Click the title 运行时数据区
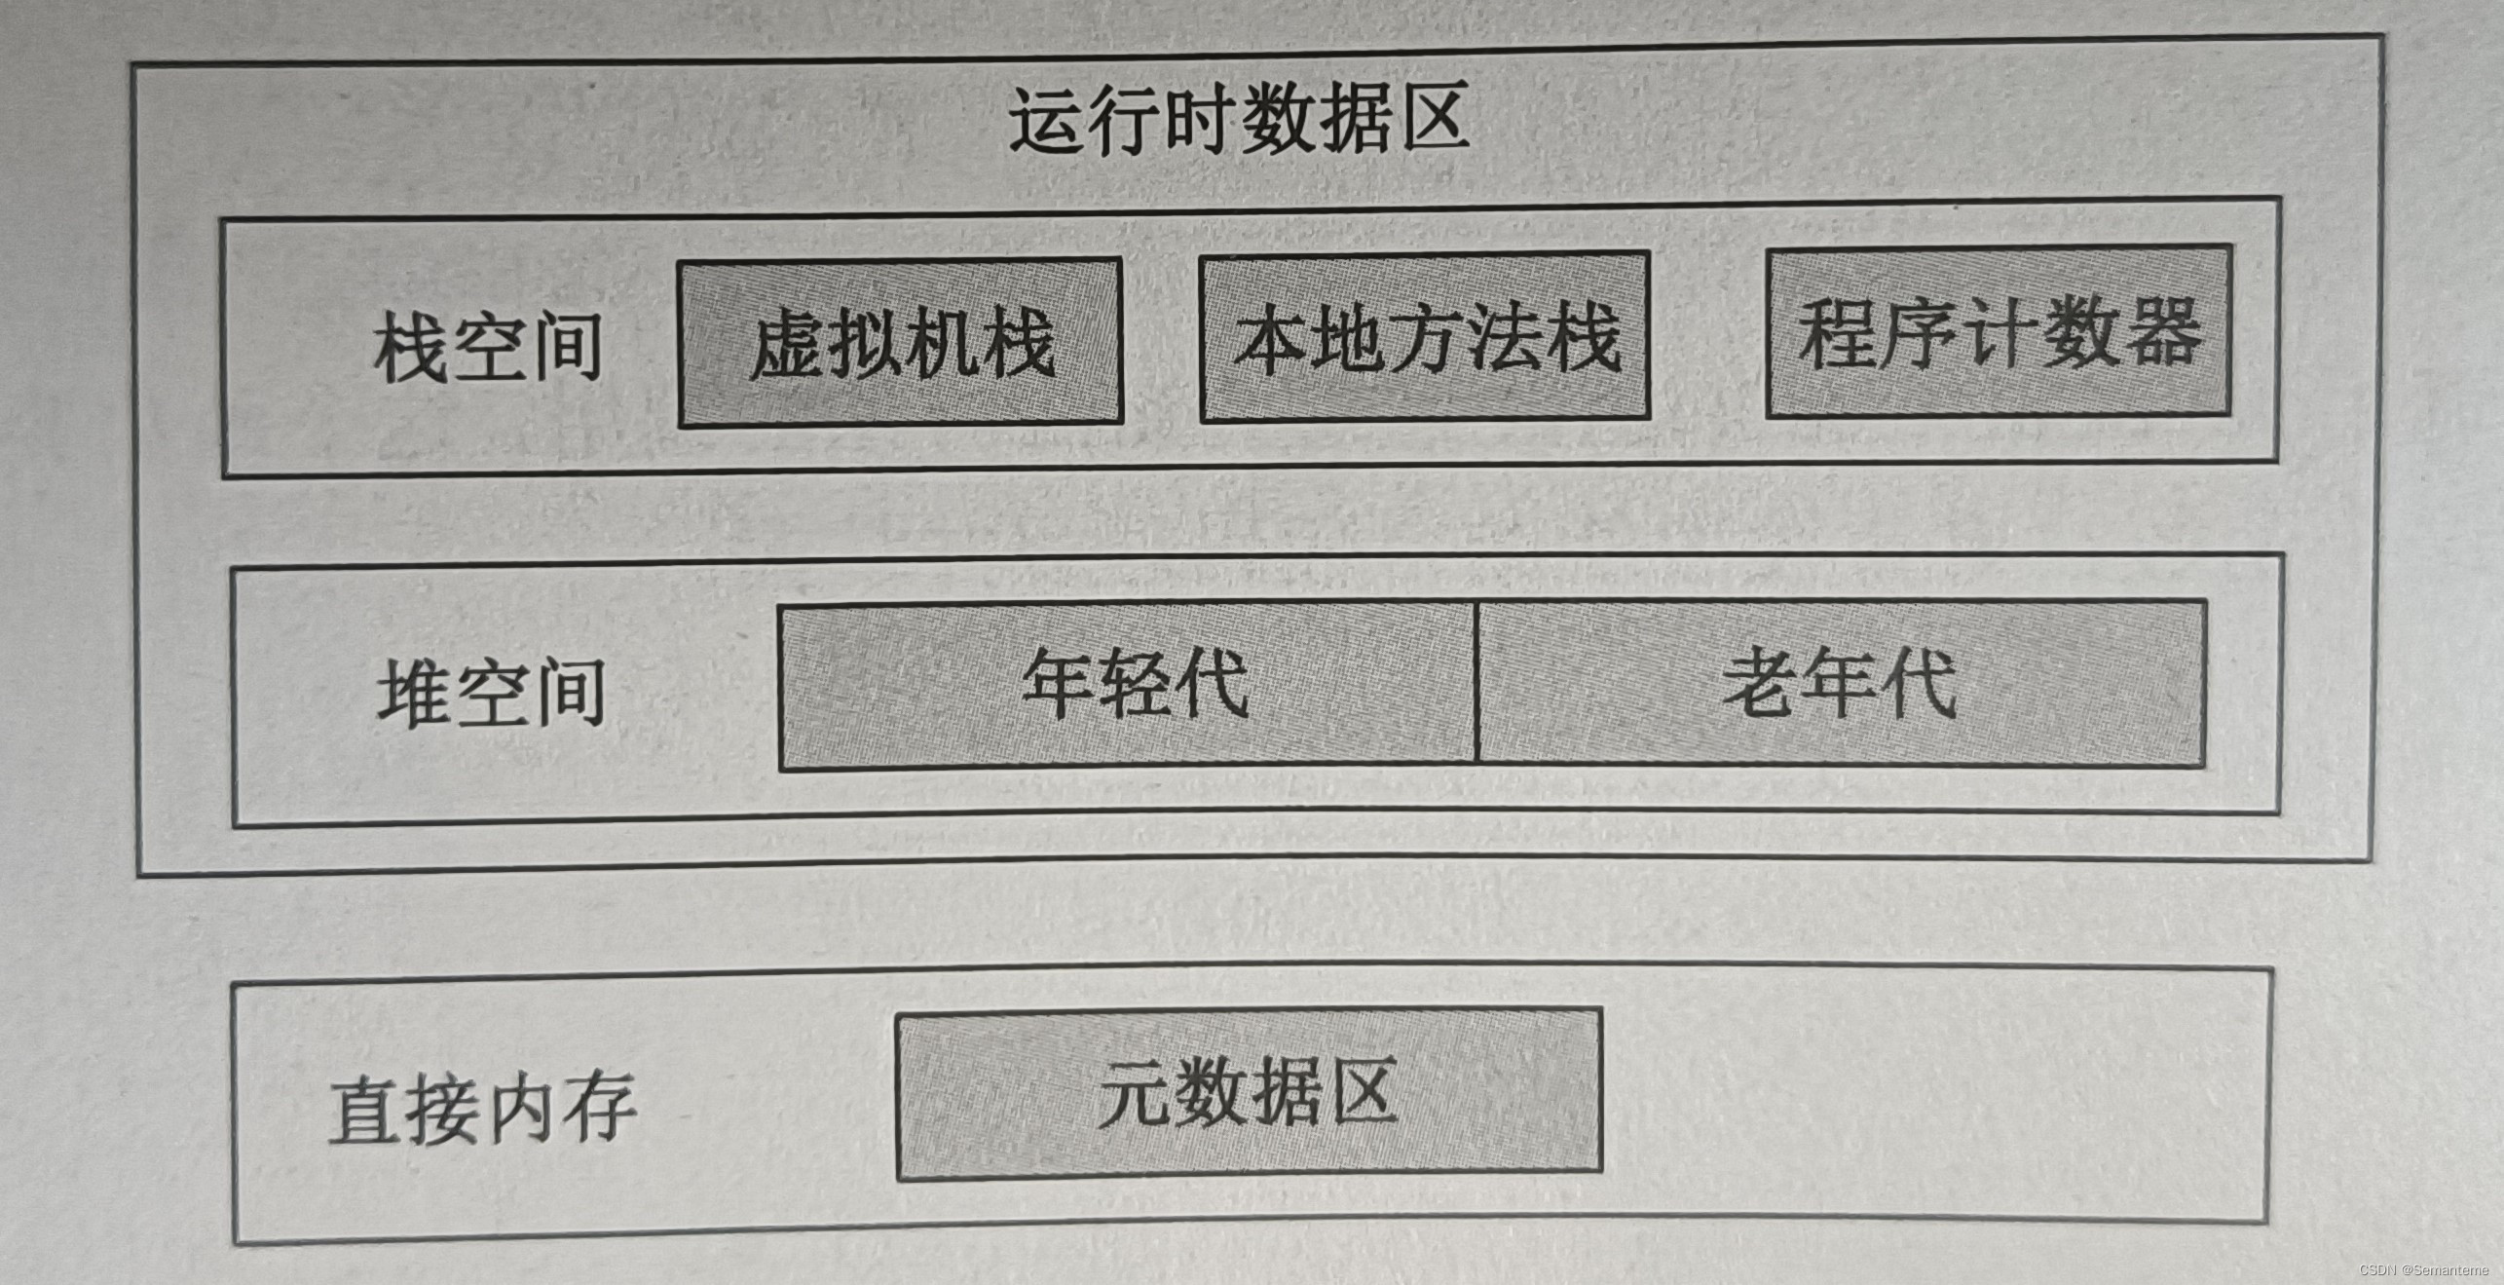click(1238, 121)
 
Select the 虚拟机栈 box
click(900, 342)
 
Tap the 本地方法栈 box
click(1424, 337)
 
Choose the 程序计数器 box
click(1999, 331)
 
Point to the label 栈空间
click(487, 347)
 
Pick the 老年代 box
click(1841, 682)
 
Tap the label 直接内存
click(483, 1109)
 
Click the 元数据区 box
click(1249, 1093)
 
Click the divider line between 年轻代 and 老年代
click(1477, 683)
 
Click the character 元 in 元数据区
click(1134, 1093)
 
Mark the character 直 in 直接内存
click(364, 1111)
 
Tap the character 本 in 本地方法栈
click(1268, 339)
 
